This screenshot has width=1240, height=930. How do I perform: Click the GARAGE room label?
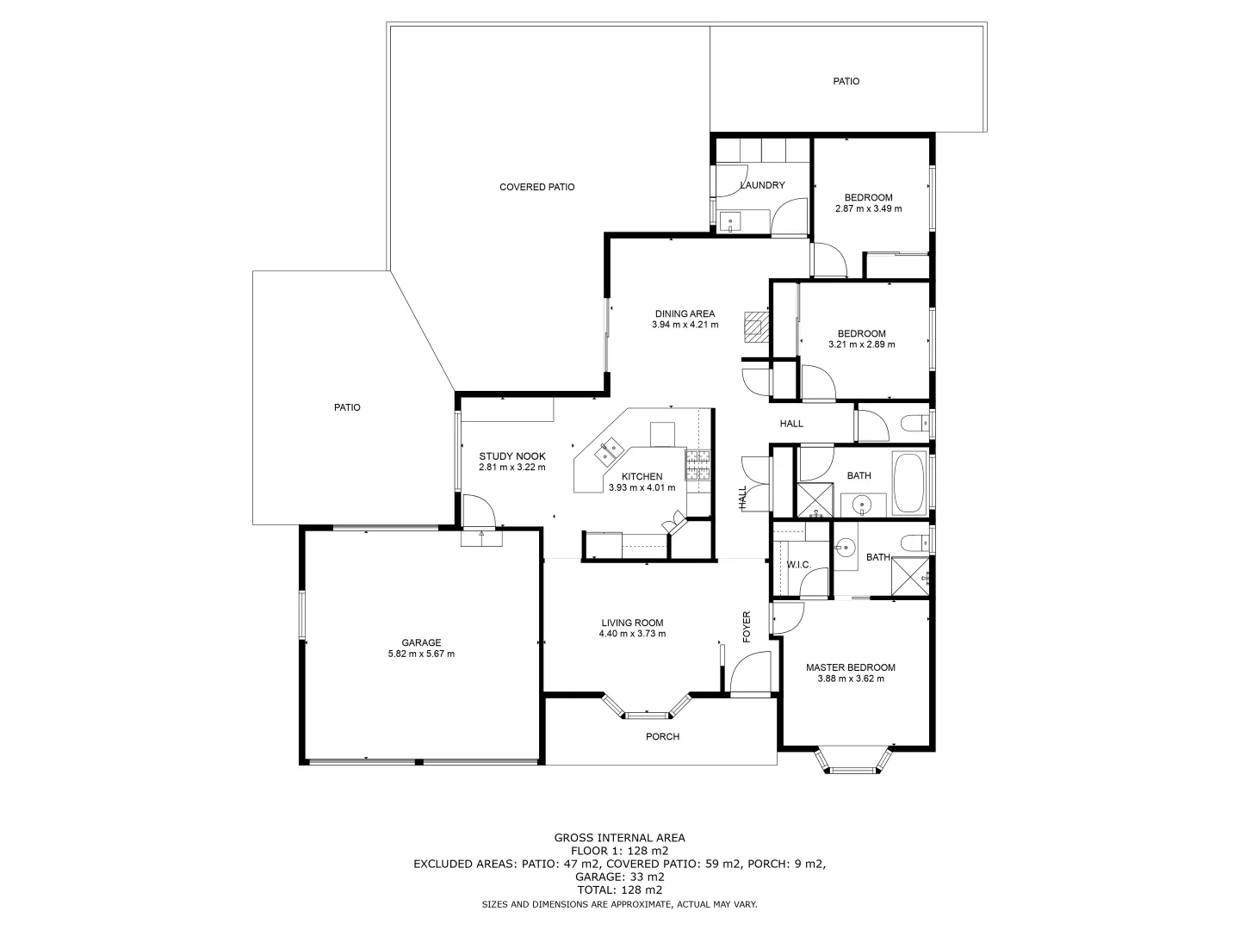421,642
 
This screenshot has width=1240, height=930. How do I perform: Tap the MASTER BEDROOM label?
850,667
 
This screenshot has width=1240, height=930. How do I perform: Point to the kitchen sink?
611,449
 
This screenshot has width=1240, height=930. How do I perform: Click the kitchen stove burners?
697,465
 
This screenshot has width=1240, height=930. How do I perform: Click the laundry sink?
731,222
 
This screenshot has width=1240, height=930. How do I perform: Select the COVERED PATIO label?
536,187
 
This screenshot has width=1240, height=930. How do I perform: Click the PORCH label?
662,736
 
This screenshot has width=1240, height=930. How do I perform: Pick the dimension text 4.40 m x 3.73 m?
632,634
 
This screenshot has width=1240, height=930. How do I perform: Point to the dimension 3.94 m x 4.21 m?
685,325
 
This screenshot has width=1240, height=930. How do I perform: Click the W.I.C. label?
798,565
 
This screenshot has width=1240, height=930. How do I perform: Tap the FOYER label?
747,627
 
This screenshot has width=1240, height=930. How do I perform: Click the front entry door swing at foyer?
748,673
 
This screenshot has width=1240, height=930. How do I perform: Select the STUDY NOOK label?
512,456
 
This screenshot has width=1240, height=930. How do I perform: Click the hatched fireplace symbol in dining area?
755,325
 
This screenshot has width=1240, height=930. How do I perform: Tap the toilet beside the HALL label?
914,423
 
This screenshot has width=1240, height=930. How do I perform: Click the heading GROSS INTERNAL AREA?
619,837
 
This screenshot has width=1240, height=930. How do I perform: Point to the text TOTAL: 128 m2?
619,890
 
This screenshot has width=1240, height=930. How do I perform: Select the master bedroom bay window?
852,762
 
